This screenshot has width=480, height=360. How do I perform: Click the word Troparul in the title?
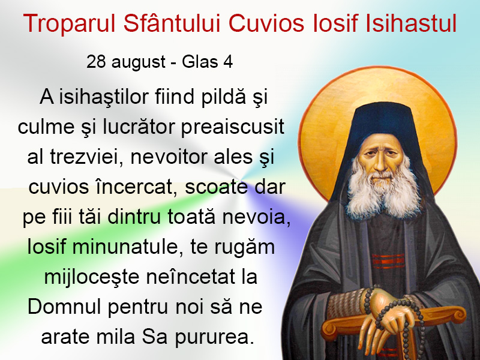pos(69,23)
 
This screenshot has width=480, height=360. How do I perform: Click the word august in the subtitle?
pos(139,62)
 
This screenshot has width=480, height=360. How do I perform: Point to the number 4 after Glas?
pos(228,62)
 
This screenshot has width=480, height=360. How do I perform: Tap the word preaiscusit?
pos(233,127)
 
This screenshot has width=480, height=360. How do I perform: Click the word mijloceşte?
pos(92,278)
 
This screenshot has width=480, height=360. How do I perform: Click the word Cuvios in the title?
pos(266,23)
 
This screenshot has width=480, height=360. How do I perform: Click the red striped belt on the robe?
pos(388,261)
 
